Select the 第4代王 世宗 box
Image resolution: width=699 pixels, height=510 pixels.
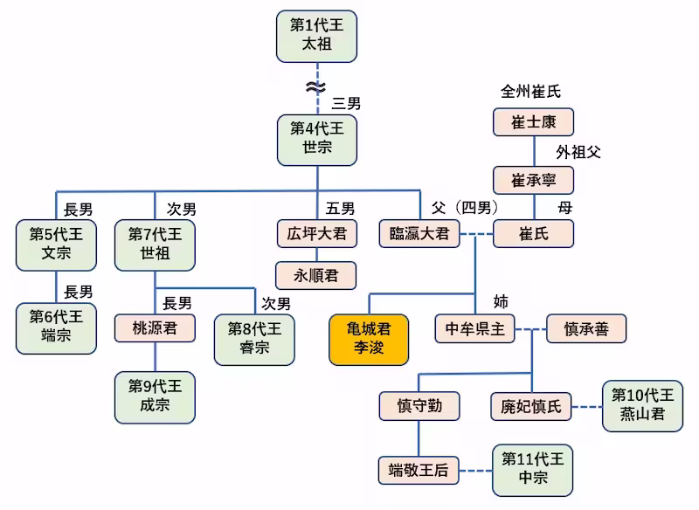tap(317, 139)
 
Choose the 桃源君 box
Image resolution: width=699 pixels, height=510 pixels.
tap(155, 328)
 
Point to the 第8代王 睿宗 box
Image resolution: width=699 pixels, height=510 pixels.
tap(253, 338)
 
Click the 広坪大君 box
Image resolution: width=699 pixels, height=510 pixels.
tap(316, 233)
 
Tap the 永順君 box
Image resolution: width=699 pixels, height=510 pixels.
tap(316, 275)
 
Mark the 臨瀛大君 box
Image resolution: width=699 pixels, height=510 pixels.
tap(419, 233)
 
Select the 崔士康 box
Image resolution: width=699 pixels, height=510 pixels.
tap(533, 122)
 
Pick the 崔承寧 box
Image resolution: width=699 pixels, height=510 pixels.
tap(533, 180)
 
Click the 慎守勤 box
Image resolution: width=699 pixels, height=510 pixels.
tap(419, 405)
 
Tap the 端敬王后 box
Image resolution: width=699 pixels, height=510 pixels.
tap(419, 471)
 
